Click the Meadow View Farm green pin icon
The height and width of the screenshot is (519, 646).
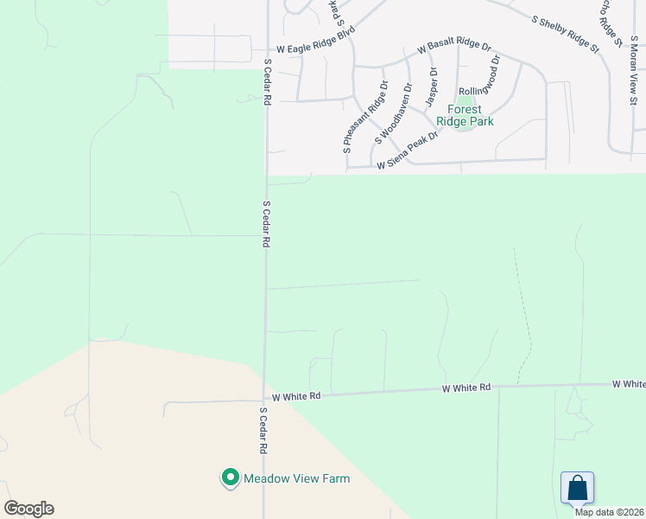point(230,477)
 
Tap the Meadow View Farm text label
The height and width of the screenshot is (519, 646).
point(296,478)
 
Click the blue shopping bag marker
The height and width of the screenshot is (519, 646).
point(577,488)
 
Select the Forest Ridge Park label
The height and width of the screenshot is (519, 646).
point(465,116)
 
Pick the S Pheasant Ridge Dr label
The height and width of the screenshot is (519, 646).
point(365,118)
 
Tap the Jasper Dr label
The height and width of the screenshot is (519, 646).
point(430,87)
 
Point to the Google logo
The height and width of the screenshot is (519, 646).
point(28,509)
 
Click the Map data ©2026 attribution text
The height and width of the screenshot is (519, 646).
point(610,512)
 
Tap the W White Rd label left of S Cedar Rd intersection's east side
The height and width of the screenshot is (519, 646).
point(296,396)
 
